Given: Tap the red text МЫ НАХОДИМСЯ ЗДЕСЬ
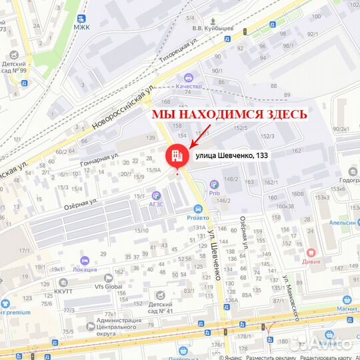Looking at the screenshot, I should (229, 114).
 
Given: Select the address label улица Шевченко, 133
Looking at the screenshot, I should (233, 155).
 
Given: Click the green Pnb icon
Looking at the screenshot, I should (214, 184).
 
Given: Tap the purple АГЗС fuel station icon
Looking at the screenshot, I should (156, 195).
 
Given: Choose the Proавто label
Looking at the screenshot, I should (197, 217).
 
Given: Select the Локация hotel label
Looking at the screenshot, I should (84, 269).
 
